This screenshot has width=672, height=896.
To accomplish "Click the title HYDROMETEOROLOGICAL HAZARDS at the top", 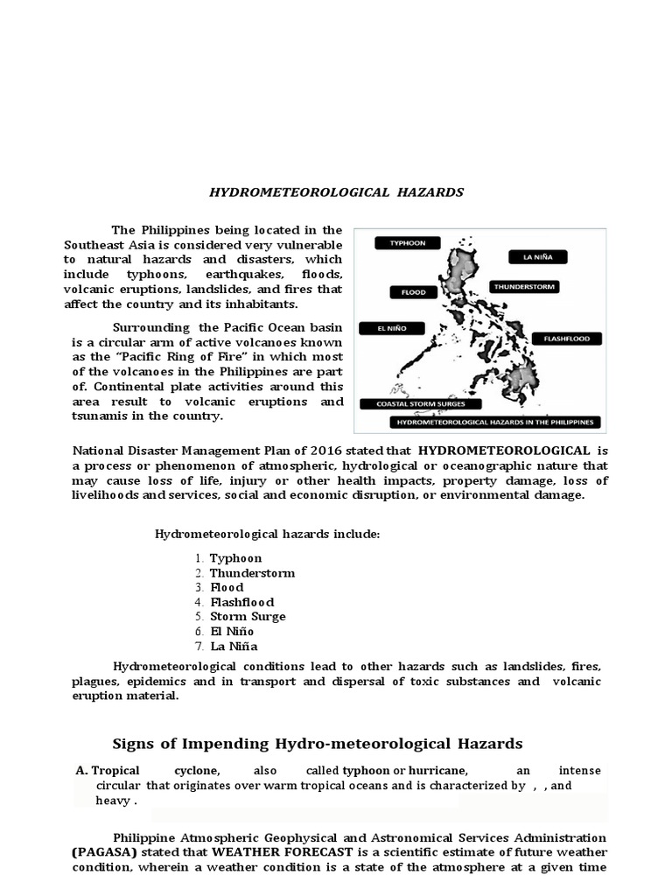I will [x=335, y=192].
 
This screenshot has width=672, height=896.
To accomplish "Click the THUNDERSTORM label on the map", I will [x=524, y=286].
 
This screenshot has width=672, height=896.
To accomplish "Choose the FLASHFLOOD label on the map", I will [x=567, y=338].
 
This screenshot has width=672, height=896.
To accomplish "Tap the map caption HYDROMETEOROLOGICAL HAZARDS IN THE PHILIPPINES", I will [x=495, y=422].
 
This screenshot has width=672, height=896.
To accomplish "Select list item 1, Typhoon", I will [x=234, y=558].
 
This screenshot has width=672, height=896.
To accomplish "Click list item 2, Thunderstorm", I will [x=251, y=573].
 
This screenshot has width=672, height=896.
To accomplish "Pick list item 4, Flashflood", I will [x=241, y=602].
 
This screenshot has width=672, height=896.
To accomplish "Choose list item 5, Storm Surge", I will [x=247, y=617].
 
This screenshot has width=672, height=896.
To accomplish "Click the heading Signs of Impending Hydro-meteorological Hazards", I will [x=318, y=744].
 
